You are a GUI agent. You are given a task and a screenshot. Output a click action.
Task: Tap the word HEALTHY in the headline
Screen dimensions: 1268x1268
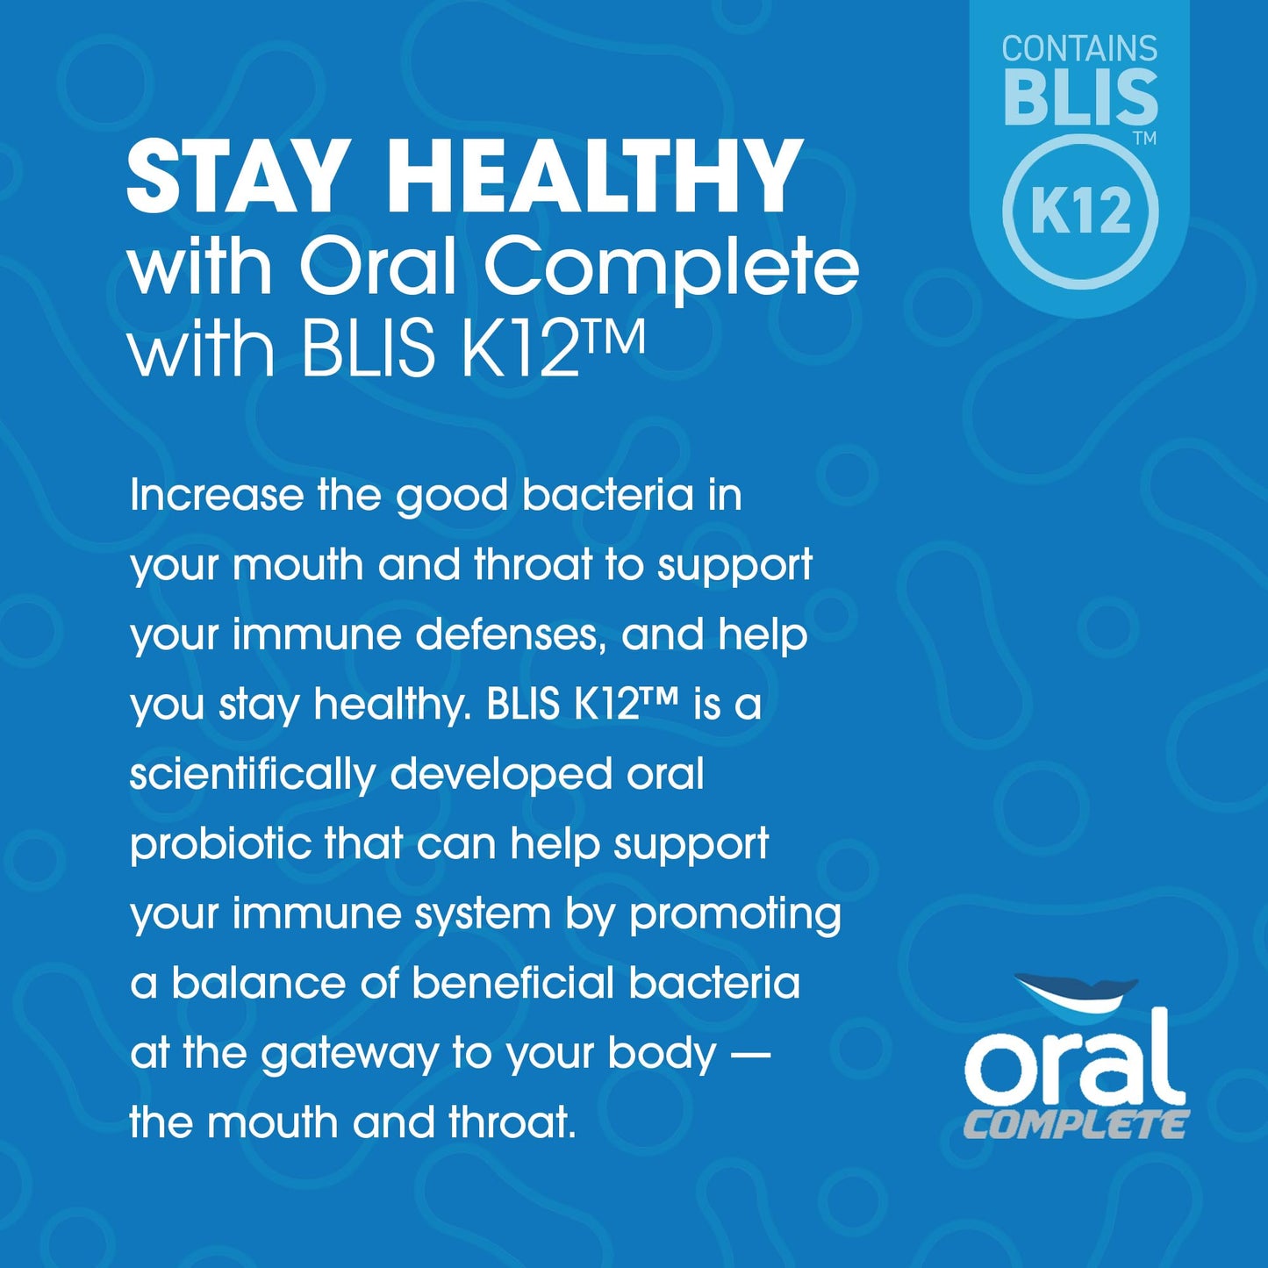594,178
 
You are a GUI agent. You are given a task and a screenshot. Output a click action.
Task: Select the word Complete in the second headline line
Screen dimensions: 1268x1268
670,268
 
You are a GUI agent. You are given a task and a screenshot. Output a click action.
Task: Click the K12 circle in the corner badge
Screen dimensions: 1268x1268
1080,211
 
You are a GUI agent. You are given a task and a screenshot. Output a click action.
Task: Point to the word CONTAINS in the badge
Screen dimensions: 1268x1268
1079,49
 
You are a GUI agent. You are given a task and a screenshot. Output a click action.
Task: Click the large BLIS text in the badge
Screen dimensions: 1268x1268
1080,98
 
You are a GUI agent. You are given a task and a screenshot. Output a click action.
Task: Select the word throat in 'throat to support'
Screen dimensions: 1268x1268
533,564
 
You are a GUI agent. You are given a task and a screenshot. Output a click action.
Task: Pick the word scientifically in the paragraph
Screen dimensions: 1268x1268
252,775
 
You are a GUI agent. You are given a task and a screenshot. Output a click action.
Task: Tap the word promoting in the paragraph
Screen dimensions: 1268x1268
735,915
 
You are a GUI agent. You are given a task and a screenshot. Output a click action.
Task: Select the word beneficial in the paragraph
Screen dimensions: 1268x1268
512,983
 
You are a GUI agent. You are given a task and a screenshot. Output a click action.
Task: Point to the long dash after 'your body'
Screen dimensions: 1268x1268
750,1054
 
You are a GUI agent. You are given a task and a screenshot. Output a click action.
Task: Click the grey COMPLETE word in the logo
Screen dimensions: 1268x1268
1076,1125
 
